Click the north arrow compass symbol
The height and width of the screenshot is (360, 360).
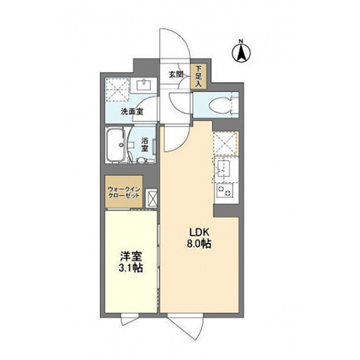pos(241,53)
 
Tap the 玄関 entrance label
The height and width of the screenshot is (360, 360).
pos(176,75)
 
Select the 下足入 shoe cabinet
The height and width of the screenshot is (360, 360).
pos(198,76)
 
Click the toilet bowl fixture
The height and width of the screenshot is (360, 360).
pos(220,105)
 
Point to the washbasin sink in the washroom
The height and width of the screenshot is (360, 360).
pos(144,85)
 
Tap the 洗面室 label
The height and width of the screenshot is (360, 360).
pos(132,112)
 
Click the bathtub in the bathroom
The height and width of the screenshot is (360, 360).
pos(116,145)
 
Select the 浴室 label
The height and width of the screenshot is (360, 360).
pos(145,145)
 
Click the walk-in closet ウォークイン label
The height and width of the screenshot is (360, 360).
pos(124,189)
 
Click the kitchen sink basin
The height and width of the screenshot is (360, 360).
pos(223,168)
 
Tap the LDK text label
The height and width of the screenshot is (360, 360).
pos(200,233)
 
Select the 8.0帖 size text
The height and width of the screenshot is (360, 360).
pos(199,244)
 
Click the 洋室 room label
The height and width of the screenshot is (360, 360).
pos(131,257)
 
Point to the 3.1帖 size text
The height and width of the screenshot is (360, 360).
pos(131,268)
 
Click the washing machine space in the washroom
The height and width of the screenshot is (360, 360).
pos(117,89)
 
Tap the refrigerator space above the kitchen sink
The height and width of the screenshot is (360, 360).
pos(225,143)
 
